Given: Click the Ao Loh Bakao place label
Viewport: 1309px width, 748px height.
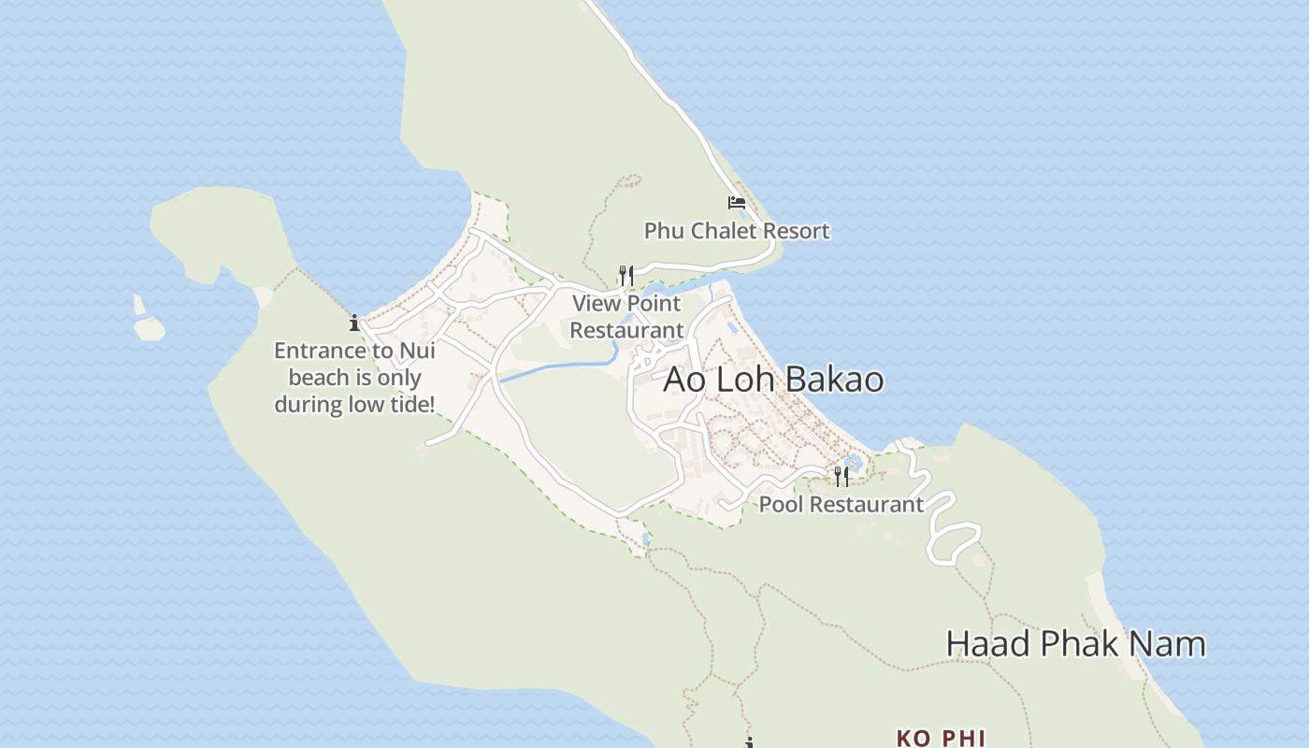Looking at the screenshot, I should coord(773,380).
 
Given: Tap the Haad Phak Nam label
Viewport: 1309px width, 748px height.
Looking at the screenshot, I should coord(1075,644).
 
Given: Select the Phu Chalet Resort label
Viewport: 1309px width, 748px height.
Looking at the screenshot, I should coord(737,231).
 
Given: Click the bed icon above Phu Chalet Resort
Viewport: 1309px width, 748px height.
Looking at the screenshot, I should coord(737,202).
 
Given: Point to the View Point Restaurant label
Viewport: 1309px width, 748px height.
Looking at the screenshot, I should coord(627,317).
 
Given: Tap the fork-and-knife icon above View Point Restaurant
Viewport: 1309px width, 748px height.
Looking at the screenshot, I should coord(626,275).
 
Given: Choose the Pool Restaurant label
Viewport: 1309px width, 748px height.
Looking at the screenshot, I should coord(841,505).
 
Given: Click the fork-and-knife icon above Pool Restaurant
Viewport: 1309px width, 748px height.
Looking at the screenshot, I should coord(841,477).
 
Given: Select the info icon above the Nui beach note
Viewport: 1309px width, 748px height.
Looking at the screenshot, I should coord(354,324).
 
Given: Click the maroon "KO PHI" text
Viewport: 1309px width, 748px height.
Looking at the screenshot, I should coord(941,739).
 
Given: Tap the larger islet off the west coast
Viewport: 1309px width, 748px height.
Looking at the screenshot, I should coord(150,329).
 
